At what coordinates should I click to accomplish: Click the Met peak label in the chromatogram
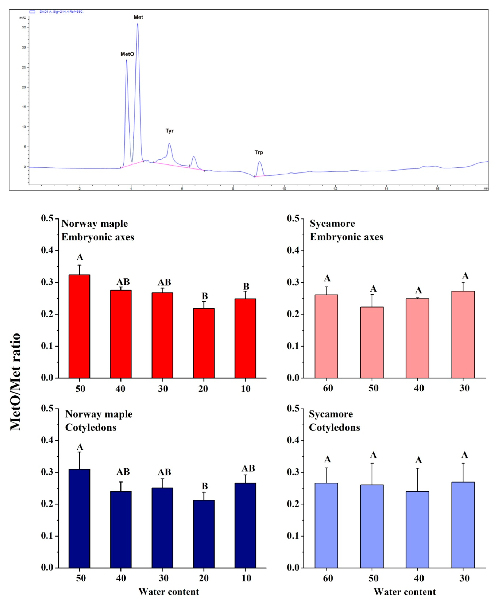click(138, 17)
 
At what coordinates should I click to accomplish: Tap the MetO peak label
click(127, 54)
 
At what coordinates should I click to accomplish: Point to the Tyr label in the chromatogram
click(169, 131)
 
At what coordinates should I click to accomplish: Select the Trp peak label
click(259, 152)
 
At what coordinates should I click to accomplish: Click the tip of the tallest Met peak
click(137, 24)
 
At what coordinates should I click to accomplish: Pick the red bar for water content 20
click(204, 343)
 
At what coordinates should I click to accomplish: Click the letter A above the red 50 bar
click(80, 257)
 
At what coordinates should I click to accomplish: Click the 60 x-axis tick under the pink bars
click(328, 388)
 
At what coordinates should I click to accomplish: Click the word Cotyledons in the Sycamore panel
click(335, 428)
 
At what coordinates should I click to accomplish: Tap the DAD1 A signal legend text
click(61, 12)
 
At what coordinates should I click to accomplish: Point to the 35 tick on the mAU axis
click(24, 27)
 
